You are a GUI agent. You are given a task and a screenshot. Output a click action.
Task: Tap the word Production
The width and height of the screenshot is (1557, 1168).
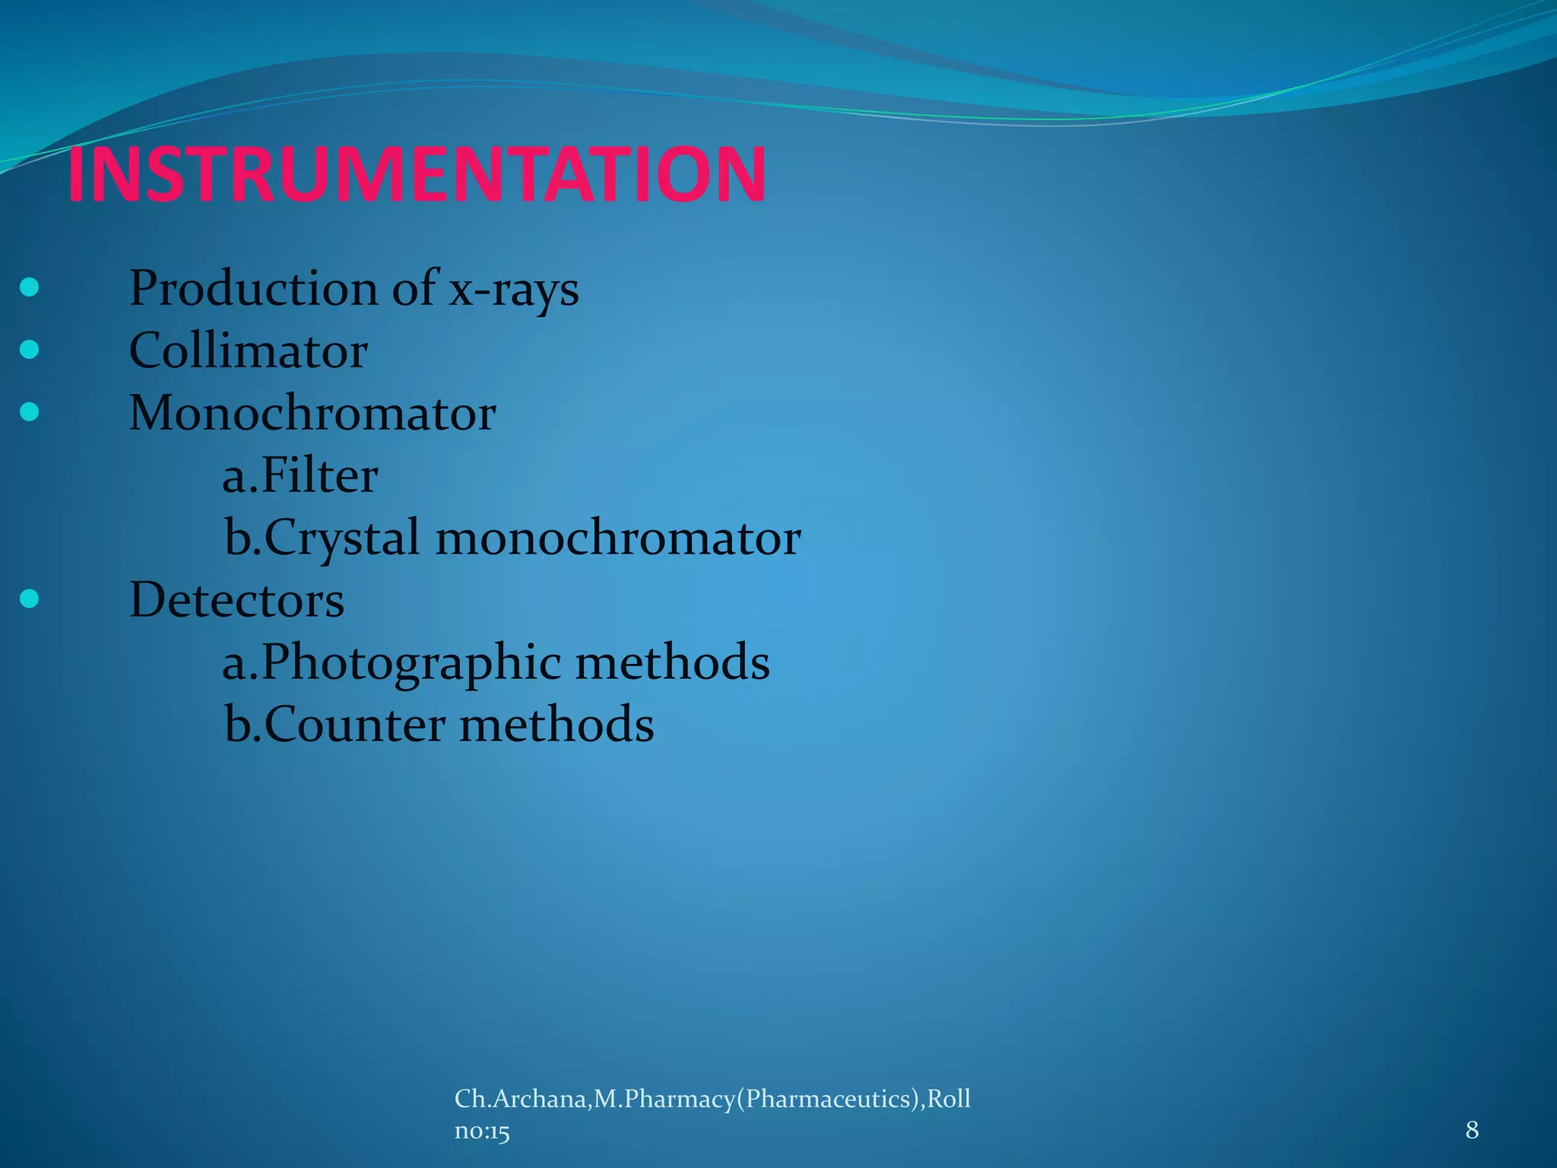253,289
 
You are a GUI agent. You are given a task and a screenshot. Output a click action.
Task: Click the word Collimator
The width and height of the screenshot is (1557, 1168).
249,351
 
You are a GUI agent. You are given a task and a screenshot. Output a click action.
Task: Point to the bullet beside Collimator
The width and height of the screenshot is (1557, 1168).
30,350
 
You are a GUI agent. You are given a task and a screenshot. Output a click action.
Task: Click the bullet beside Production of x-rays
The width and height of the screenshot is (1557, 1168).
30,287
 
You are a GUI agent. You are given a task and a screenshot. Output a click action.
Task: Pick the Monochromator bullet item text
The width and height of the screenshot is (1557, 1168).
312,414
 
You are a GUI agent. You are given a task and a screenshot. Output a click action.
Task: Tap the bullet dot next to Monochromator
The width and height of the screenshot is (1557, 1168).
30,412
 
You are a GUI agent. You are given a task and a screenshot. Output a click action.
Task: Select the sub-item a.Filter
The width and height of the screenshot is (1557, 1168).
300,476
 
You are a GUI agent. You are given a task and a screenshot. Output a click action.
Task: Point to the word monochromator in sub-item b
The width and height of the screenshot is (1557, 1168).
618,538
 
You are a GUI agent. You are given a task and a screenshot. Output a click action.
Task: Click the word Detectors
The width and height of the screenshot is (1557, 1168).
236,601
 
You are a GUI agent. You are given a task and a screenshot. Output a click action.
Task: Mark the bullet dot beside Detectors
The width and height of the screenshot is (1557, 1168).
30,599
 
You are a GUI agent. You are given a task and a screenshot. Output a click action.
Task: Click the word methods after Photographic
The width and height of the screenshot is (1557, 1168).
672,662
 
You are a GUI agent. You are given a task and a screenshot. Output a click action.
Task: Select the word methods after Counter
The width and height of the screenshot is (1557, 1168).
557,725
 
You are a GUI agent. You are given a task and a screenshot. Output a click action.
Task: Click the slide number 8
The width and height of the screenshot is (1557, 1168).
1472,1130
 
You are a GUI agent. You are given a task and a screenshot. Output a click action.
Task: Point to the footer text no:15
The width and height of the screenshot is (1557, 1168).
482,1131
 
